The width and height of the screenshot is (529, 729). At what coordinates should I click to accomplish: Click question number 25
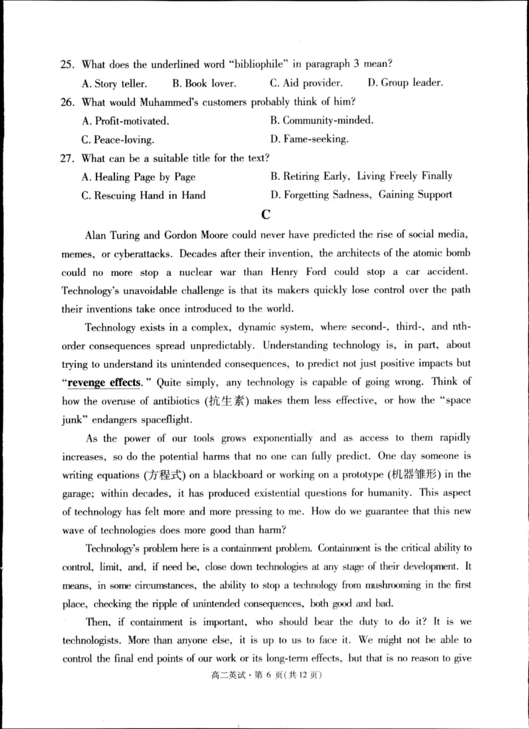pos(67,64)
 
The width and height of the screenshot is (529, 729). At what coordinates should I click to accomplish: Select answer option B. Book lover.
pos(204,83)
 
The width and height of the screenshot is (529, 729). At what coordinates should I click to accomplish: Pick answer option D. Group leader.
pos(405,83)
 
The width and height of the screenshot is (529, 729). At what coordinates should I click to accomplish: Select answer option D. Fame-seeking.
pos(309,140)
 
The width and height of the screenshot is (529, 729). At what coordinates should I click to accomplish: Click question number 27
pos(67,158)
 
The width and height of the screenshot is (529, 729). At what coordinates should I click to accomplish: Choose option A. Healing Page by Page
pos(138,177)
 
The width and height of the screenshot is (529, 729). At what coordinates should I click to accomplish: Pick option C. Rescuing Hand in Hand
pos(143,195)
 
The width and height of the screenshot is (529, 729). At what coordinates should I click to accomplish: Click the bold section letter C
pos(266,214)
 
